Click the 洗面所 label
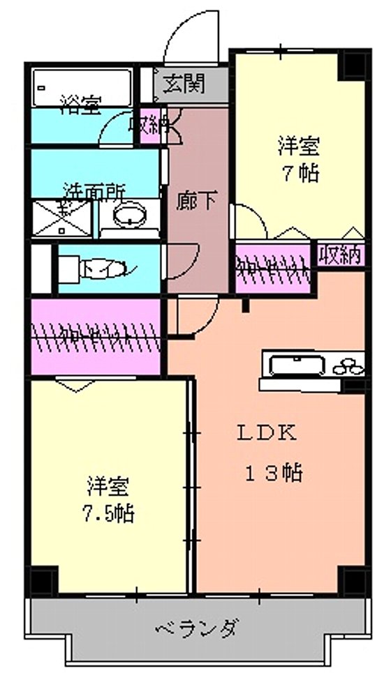[94, 189]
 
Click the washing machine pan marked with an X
[62, 217]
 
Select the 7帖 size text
[301, 172]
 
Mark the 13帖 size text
[273, 473]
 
